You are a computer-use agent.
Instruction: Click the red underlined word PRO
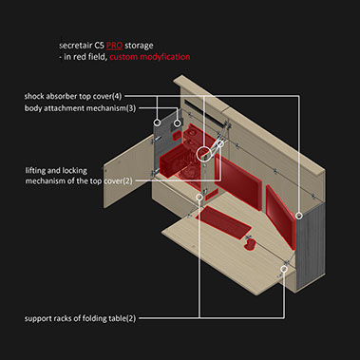114,46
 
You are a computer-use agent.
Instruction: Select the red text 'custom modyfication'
150,57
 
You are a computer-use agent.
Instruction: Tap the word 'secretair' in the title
74,46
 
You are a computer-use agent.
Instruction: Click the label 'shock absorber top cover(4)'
73,96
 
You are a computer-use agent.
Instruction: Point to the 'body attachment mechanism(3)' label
80,108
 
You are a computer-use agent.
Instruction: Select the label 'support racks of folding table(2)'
80,318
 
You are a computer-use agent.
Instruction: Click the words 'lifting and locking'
56,171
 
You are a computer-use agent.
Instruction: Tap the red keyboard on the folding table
223,222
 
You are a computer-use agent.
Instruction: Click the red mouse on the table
250,244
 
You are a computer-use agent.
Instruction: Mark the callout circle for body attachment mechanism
179,123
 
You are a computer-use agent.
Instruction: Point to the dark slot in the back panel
204,112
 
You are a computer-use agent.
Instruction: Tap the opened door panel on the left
128,171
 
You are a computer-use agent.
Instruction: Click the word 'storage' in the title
139,46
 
